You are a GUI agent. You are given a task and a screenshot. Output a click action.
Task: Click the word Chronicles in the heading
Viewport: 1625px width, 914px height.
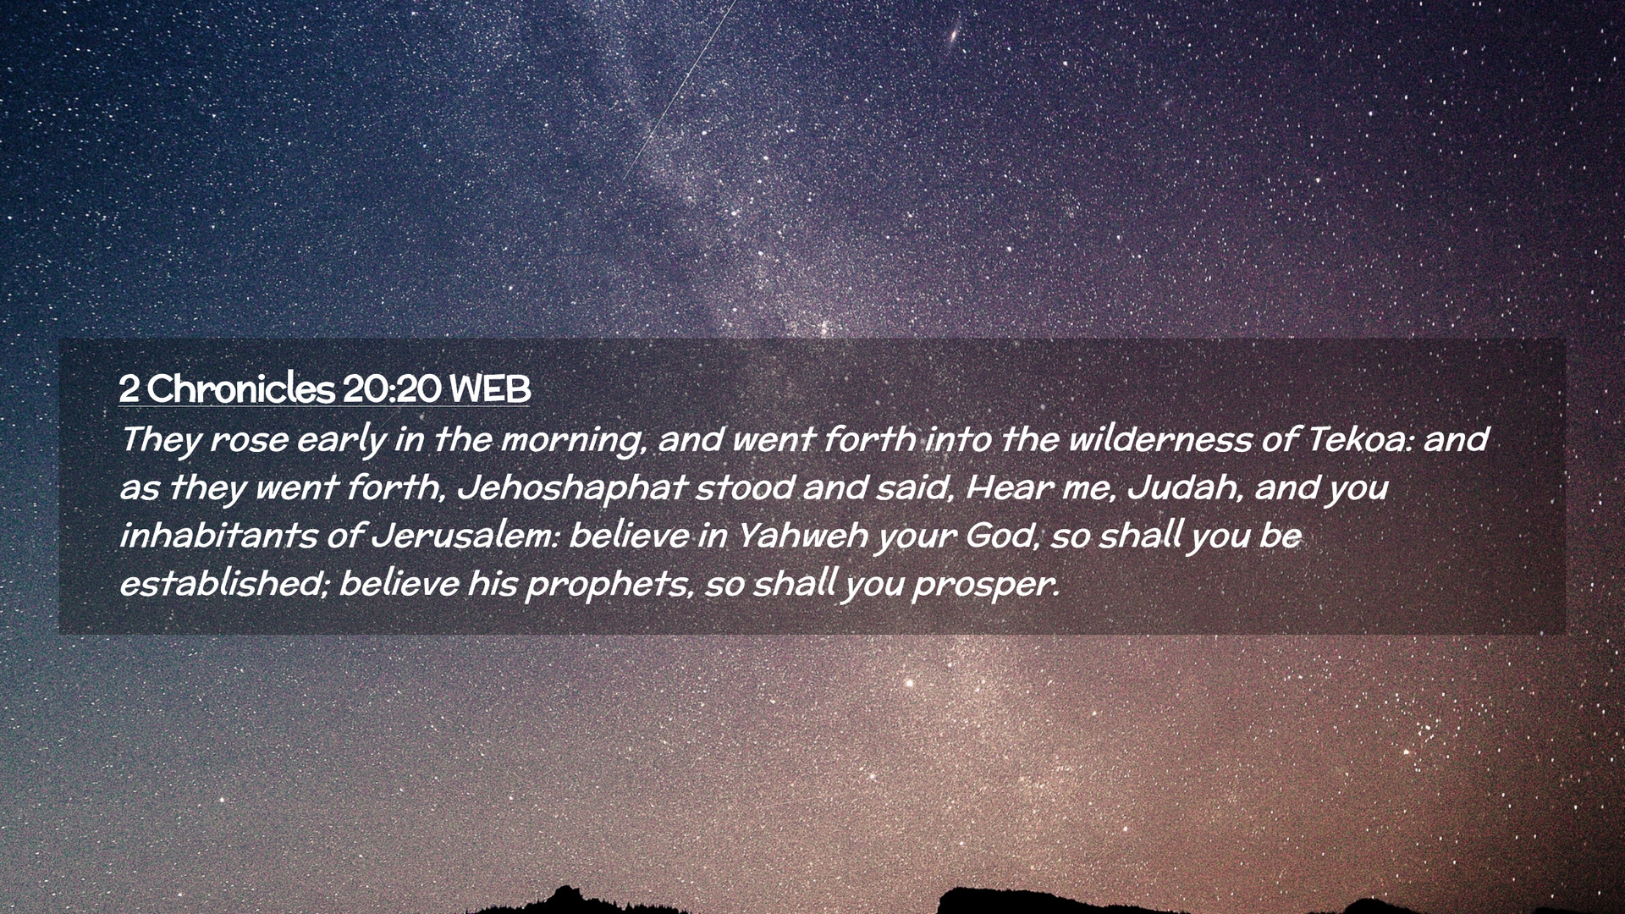tap(241, 389)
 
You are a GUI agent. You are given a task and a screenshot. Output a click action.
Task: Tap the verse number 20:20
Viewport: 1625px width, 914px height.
tap(392, 389)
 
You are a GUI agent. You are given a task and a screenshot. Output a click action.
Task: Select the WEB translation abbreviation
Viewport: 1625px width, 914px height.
tap(490, 389)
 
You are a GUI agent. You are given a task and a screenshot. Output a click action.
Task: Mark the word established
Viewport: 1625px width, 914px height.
tap(223, 585)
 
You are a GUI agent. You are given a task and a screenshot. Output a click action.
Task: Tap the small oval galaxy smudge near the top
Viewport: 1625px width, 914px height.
tap(954, 35)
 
